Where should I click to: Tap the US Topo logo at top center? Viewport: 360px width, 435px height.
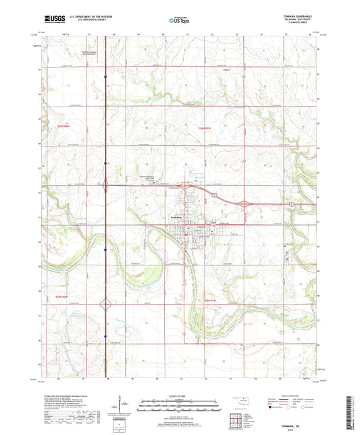[x=178, y=22]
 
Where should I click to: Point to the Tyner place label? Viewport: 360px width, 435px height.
[x=228, y=70]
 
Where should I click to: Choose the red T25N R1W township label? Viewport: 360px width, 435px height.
[x=212, y=301]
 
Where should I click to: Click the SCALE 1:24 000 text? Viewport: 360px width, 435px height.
[x=179, y=395]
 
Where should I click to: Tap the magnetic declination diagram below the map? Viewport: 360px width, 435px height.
[x=120, y=407]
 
